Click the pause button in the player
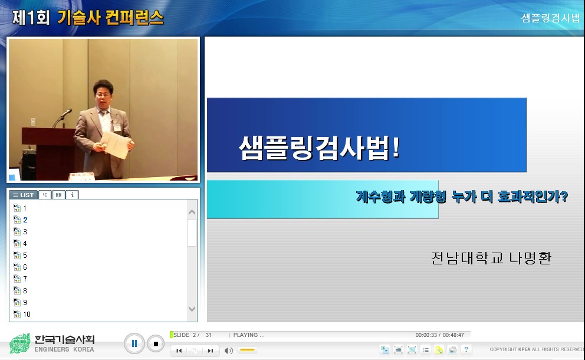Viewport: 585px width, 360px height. [134, 343]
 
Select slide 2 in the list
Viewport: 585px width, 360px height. [25, 220]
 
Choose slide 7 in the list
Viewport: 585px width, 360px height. [25, 279]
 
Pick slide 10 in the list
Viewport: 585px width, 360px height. [27, 315]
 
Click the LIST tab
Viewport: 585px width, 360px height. [24, 195]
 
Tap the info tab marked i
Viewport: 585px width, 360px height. [72, 195]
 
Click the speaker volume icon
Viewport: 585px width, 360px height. [229, 351]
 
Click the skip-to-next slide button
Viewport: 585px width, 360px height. [210, 351]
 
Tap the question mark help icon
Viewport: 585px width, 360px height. [466, 350]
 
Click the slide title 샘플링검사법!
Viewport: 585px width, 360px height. [319, 148]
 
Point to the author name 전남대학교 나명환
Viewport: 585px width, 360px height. [491, 258]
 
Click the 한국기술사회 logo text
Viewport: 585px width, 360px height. [64, 340]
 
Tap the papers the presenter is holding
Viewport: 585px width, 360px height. [116, 143]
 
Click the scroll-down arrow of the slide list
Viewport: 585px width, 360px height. [192, 309]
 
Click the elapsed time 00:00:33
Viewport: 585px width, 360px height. [426, 335]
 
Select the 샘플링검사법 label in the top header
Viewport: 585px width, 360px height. [550, 18]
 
